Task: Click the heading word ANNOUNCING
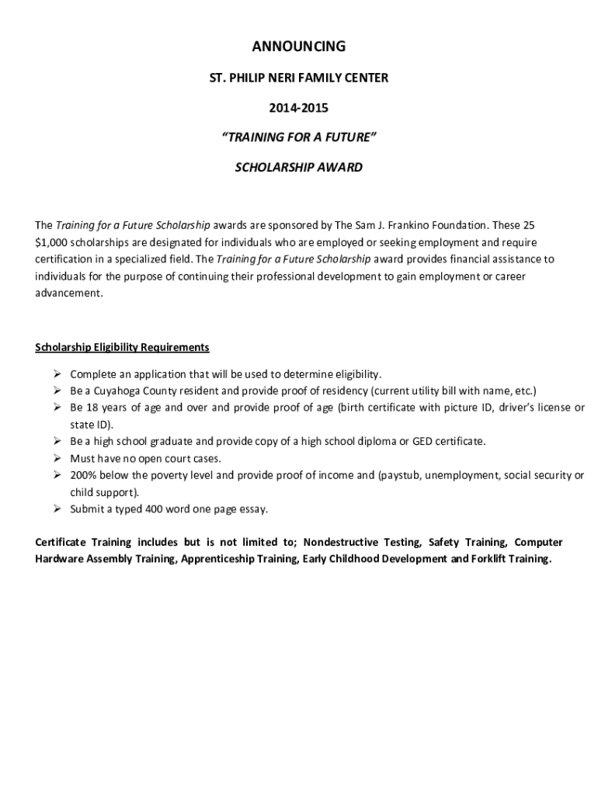coord(299,47)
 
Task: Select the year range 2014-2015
coord(299,107)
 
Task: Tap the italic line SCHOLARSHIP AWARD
coord(299,167)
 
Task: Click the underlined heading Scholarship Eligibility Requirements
coord(122,346)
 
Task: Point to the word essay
coord(252,509)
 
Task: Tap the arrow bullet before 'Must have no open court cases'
coord(57,458)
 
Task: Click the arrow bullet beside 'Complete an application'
coord(57,373)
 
